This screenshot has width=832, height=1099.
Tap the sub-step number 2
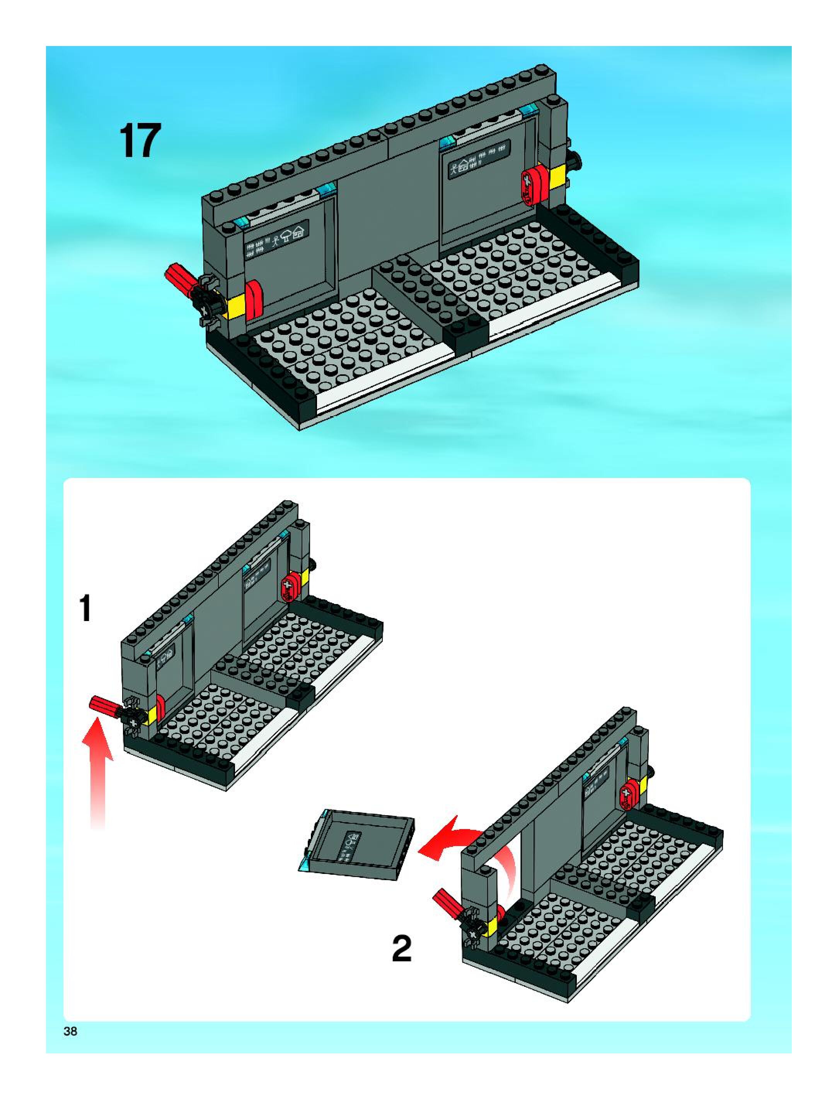point(401,949)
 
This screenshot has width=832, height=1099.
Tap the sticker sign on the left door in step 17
point(276,239)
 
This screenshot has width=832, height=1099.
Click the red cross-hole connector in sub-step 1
point(289,588)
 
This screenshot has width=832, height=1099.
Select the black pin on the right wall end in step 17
point(577,162)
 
